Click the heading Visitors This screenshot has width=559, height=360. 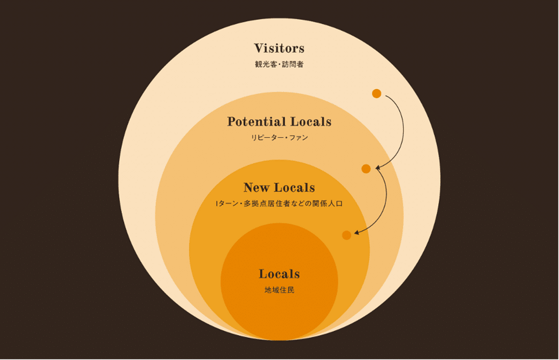[279, 48]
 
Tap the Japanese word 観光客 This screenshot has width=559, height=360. [266, 64]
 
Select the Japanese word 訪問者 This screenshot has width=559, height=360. [293, 64]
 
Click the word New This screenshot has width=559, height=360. [257, 188]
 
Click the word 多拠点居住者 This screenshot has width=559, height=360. [266, 203]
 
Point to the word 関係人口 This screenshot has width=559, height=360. [328, 203]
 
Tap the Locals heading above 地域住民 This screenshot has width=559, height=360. [279, 274]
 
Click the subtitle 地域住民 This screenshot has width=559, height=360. [279, 290]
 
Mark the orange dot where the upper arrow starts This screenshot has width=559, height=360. [377, 94]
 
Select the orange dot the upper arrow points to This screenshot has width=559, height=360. [366, 169]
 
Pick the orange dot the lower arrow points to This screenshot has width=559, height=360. [347, 235]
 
